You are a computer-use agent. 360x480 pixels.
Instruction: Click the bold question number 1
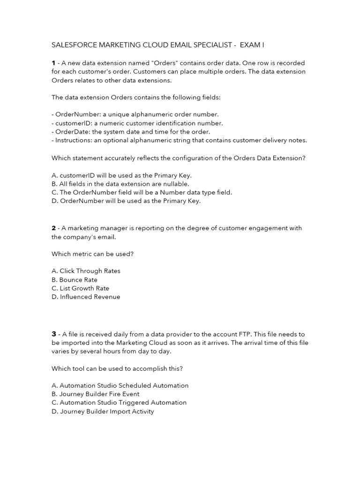(53, 63)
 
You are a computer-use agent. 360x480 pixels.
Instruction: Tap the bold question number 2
(53, 228)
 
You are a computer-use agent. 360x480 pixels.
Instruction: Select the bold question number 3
(54, 334)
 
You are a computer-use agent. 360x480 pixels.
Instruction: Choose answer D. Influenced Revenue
(86, 297)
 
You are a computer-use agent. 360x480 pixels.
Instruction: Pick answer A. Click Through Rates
(86, 271)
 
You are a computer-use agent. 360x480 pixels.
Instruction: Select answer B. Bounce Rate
(75, 280)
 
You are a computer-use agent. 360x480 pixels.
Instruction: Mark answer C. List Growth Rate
(80, 288)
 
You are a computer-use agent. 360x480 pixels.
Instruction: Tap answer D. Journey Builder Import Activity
(103, 411)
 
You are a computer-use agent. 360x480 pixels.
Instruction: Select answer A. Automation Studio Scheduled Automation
(120, 385)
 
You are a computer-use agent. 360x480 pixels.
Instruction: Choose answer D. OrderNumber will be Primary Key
(126, 201)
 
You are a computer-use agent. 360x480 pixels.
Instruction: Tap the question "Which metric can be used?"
(89, 254)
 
